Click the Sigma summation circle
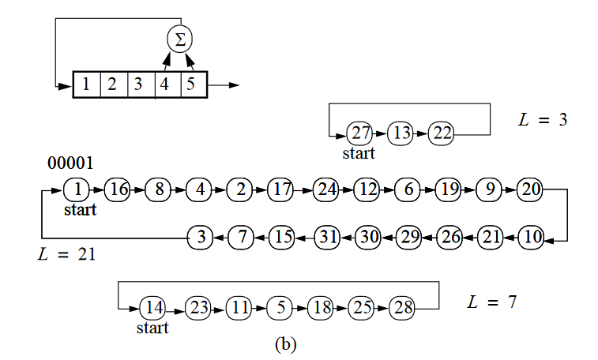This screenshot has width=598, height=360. pyautogui.click(x=180, y=39)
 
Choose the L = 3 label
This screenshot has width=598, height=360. pyautogui.click(x=543, y=120)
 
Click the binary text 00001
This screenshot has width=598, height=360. pyautogui.click(x=70, y=163)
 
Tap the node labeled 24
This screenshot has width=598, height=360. pyautogui.click(x=325, y=190)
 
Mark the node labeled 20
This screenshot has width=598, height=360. pyautogui.click(x=531, y=190)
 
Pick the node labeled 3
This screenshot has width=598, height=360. pyautogui.click(x=201, y=236)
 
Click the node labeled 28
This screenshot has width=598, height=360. pyautogui.click(x=403, y=308)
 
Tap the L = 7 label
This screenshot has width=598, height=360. pyautogui.click(x=492, y=302)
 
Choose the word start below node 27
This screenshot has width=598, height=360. pyautogui.click(x=359, y=153)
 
